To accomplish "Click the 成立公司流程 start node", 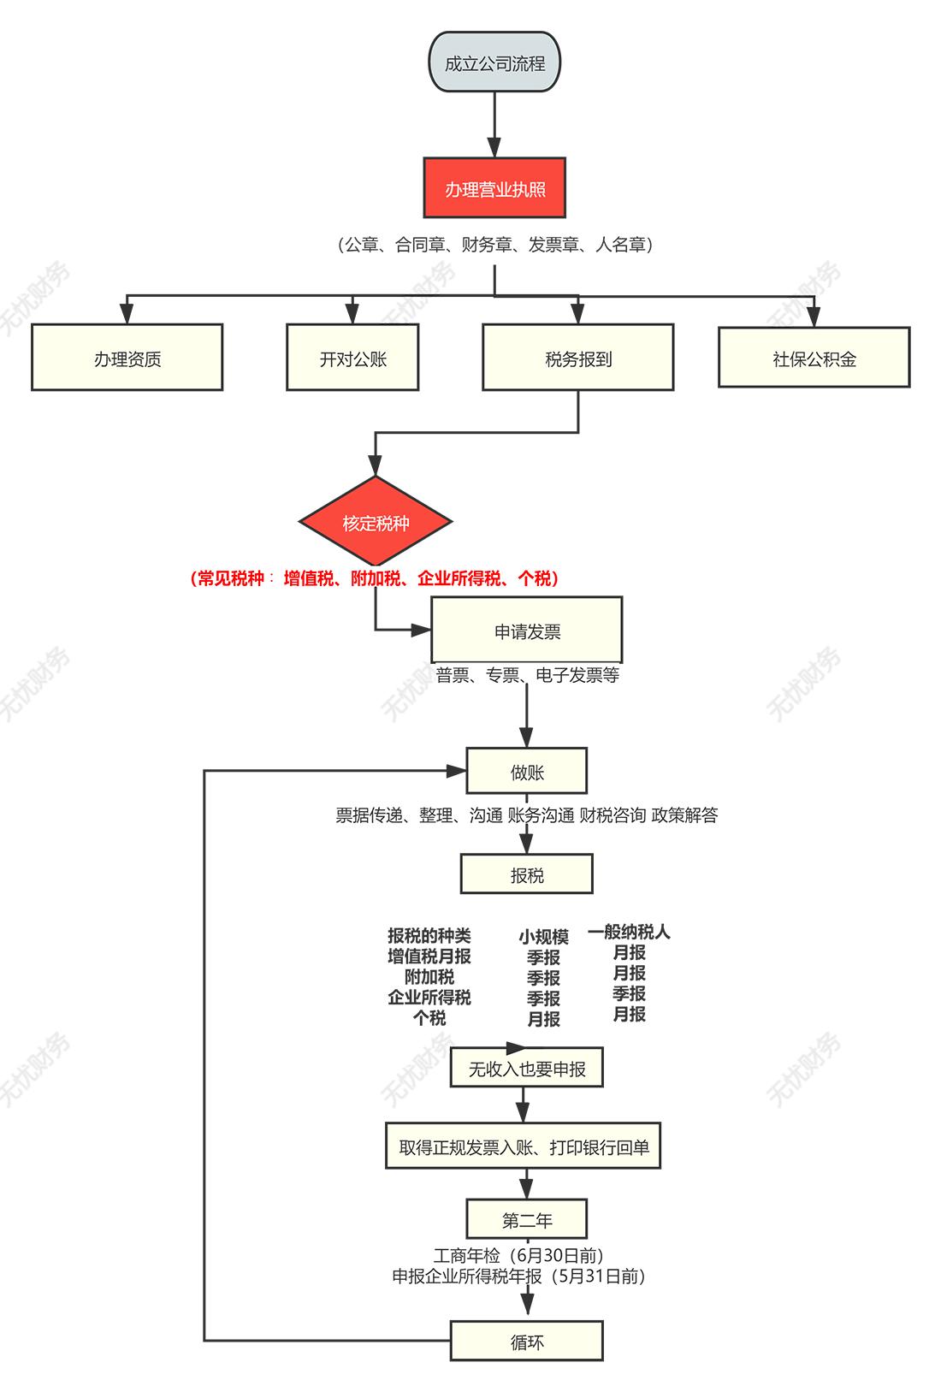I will tap(494, 62).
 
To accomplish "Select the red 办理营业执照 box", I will tap(494, 188).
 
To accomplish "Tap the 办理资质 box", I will tap(127, 358).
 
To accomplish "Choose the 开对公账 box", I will tap(352, 358).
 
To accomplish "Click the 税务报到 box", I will tap(577, 358).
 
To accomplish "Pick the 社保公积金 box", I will tap(814, 358).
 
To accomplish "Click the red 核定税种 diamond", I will tap(376, 522).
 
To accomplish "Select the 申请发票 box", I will tap(526, 631).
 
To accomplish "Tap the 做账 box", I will tap(526, 771).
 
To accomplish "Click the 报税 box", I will tap(526, 874).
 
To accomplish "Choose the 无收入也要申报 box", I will tap(526, 1068).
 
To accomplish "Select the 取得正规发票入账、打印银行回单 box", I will tap(524, 1146).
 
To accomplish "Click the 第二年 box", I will tap(526, 1219).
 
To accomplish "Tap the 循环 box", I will tap(526, 1341).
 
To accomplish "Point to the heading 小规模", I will tap(543, 936).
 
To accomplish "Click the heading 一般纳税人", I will tap(629, 932).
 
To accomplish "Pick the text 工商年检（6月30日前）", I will tap(518, 1255).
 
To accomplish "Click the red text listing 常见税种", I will tap(375, 578).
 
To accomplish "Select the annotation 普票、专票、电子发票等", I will tap(527, 675).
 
